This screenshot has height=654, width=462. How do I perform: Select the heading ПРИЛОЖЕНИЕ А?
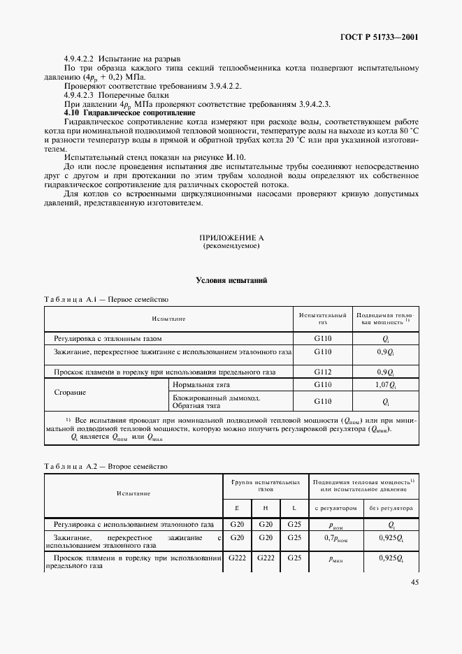(x=231, y=238)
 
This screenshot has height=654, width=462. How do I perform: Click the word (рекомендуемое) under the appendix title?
(x=231, y=247)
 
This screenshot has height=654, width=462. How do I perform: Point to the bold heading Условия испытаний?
(x=231, y=280)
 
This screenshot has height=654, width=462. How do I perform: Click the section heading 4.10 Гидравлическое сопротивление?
(x=129, y=112)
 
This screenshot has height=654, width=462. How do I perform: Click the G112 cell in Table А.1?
(x=322, y=372)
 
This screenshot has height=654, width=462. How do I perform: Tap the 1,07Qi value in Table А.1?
(x=386, y=385)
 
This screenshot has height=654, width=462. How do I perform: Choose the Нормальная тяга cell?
(x=201, y=385)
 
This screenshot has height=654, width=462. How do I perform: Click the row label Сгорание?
(x=70, y=392)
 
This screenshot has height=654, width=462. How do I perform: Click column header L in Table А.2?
(x=294, y=508)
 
